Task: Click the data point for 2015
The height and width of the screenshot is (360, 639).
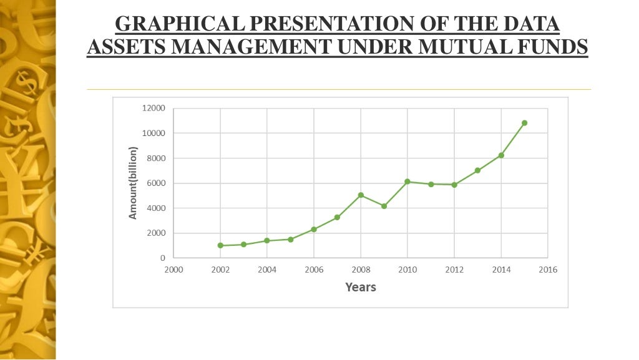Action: tap(524, 123)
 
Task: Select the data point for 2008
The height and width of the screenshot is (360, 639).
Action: tap(361, 195)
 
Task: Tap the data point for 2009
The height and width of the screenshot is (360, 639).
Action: tap(384, 206)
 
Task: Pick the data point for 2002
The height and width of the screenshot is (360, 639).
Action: tap(220, 245)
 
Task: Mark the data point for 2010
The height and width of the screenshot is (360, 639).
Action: tap(407, 182)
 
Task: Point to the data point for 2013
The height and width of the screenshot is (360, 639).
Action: tap(477, 170)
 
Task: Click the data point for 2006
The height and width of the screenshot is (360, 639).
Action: tap(314, 230)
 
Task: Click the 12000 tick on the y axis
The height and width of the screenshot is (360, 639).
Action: tap(154, 109)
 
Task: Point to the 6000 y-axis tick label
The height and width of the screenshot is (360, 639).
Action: tap(156, 183)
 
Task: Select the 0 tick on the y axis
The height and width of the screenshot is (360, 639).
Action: tap(163, 258)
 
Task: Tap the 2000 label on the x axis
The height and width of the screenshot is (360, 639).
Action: tap(173, 270)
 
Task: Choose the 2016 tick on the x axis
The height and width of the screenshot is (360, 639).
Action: tap(548, 270)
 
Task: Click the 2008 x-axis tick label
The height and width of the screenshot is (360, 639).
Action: tap(361, 270)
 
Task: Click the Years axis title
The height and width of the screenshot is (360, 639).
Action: tap(361, 287)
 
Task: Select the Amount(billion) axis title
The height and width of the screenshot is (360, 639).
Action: tap(132, 183)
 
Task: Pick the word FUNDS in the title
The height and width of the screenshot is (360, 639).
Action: tap(557, 47)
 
